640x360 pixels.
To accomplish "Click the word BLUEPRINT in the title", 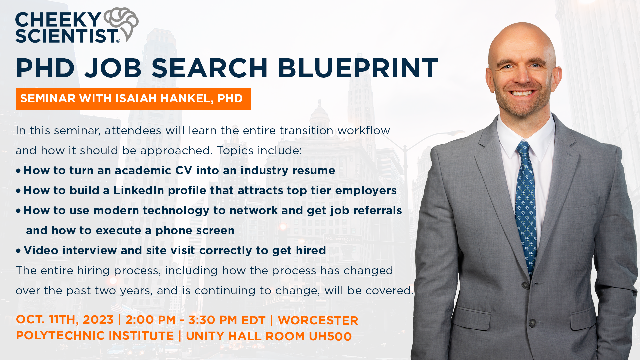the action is (358, 68).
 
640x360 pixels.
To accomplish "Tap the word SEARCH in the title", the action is (210, 68).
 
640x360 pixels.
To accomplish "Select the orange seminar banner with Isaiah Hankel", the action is (133, 99).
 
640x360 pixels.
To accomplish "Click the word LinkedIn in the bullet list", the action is (139, 190).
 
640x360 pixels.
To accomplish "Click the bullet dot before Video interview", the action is (18, 251).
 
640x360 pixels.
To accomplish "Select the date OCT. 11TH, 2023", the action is (65, 320).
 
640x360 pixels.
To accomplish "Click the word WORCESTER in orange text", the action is (318, 320).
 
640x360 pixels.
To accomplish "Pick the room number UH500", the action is (330, 336).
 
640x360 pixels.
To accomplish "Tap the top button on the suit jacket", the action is (526, 285).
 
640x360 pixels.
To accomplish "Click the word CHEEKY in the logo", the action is (58, 20).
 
